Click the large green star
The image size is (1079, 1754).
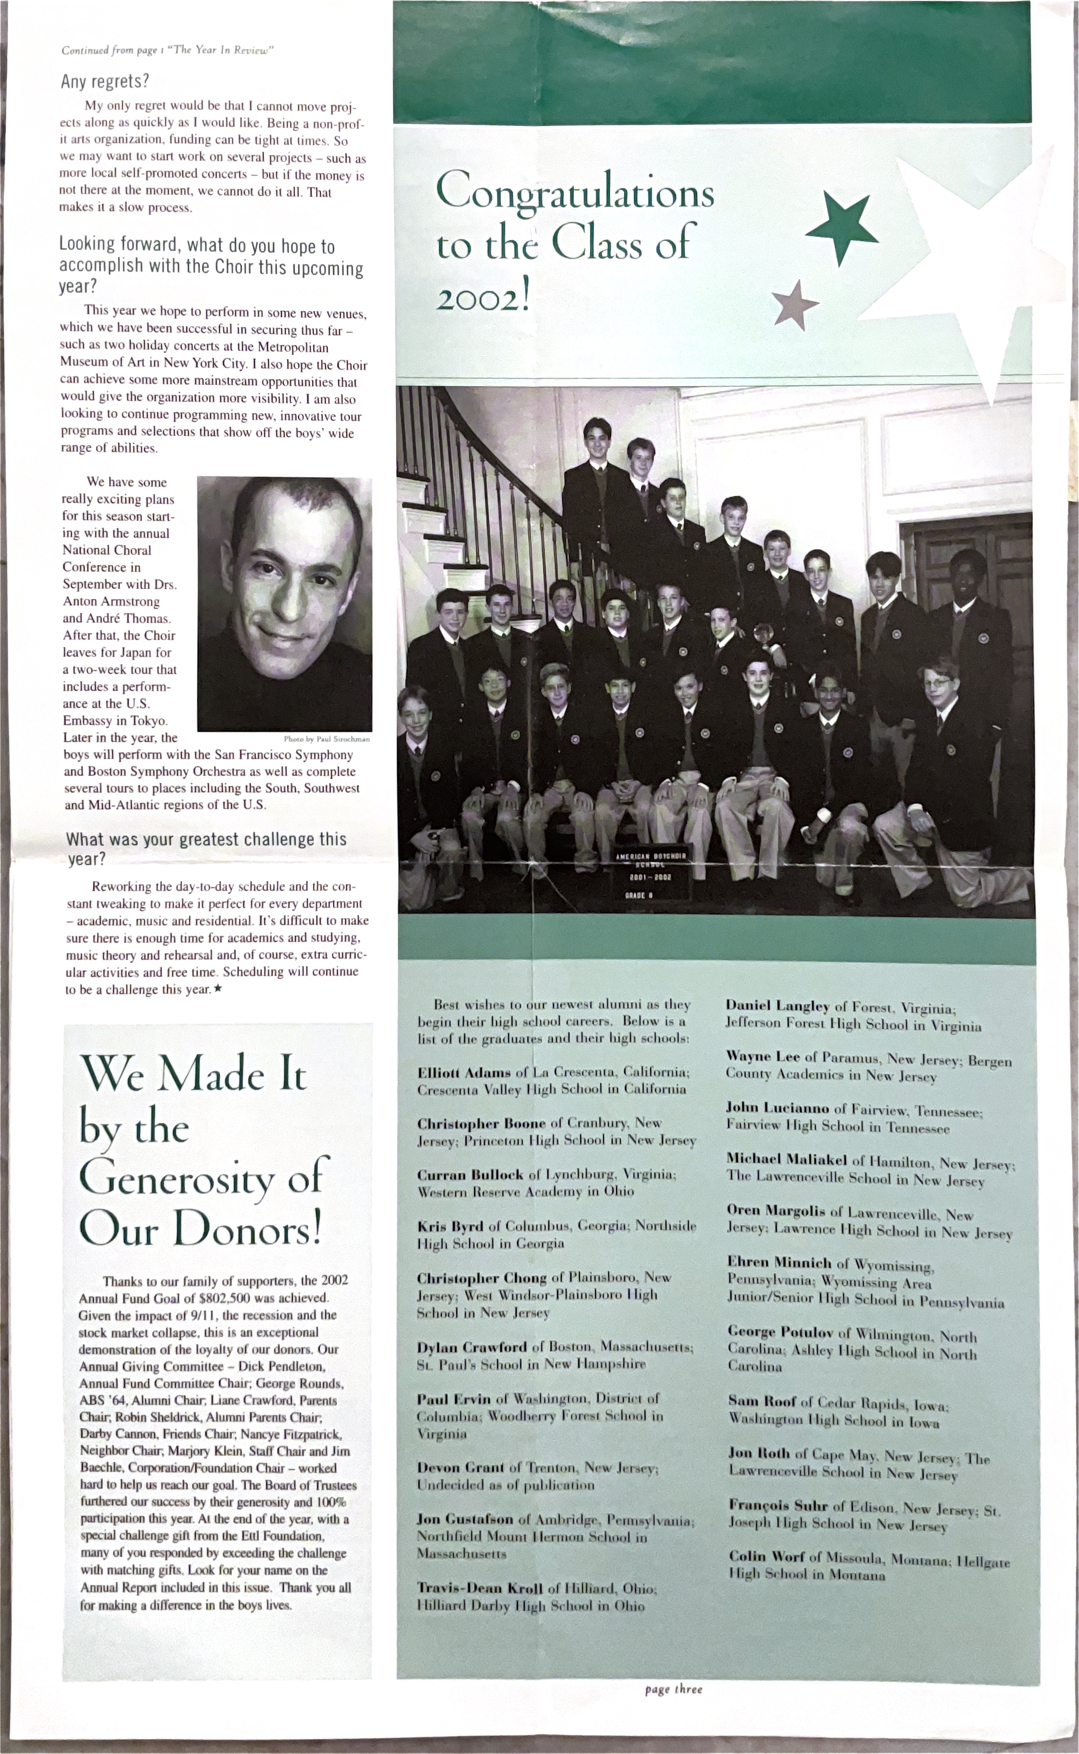[842, 225]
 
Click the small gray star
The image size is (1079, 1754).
[795, 305]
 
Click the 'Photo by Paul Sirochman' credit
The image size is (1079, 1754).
[326, 739]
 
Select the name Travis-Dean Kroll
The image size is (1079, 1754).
[480, 1589]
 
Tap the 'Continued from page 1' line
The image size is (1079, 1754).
[167, 50]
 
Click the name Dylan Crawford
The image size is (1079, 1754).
[471, 1347]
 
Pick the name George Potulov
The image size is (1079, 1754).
[780, 1332]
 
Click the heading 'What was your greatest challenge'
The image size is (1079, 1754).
[206, 840]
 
